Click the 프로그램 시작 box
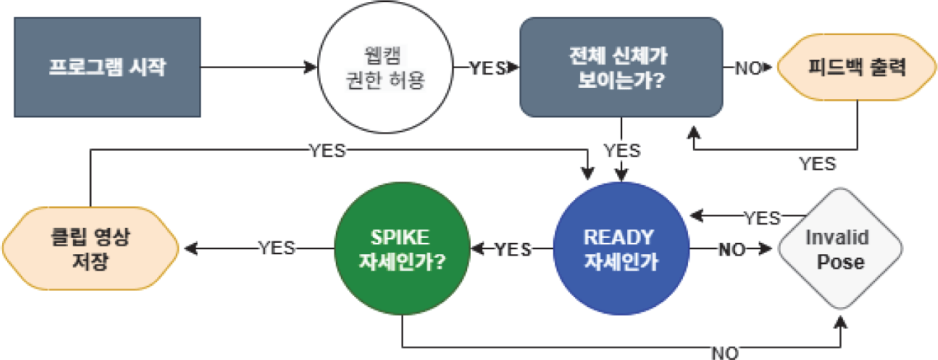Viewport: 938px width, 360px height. click(107, 68)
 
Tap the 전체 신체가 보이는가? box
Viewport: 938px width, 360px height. click(621, 68)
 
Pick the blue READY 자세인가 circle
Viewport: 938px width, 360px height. click(621, 249)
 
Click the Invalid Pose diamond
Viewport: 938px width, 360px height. click(840, 249)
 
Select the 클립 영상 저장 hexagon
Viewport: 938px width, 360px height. click(90, 249)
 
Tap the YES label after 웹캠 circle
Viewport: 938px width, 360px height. click(487, 68)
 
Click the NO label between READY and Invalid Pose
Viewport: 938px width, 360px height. click(731, 249)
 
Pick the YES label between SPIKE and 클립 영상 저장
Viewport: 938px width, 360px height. click(276, 248)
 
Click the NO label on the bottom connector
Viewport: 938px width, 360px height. click(724, 352)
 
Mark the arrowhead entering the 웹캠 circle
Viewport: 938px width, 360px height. click(311, 68)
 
